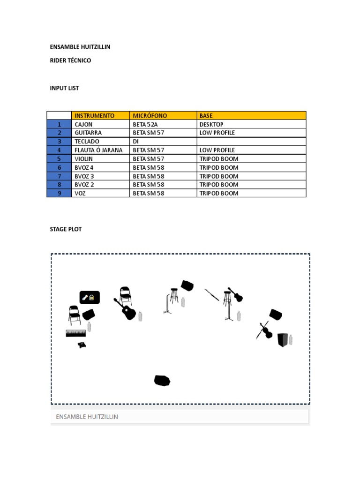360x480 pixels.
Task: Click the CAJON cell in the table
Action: [x=84, y=124]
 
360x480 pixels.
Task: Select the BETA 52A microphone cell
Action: [x=145, y=124]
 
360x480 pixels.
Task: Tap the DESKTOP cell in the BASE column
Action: [x=211, y=124]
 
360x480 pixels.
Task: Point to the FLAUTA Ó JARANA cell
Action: [x=98, y=150]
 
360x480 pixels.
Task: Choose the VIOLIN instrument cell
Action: [x=84, y=159]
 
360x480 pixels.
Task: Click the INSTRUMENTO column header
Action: [x=94, y=115]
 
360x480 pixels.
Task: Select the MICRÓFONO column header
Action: [x=150, y=115]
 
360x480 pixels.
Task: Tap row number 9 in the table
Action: [x=59, y=193]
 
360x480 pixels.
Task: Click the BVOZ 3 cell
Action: [x=84, y=176]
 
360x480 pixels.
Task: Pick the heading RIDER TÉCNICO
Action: [x=70, y=60]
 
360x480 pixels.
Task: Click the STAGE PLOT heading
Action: [x=66, y=229]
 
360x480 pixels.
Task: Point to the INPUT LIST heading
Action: [x=64, y=88]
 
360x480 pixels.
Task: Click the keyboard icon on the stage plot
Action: [x=76, y=333]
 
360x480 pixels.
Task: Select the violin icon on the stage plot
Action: [x=265, y=330]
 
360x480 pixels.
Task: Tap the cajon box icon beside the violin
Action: [x=283, y=339]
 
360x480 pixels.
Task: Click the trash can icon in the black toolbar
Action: [x=92, y=297]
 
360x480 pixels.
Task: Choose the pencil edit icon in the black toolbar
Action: [x=85, y=297]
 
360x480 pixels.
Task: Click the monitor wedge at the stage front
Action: [x=162, y=381]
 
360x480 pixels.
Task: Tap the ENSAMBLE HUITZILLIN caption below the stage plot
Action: [x=87, y=416]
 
